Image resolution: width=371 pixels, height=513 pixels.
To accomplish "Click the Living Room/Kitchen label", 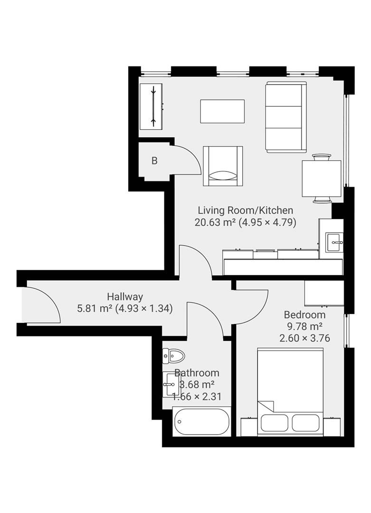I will [245, 210].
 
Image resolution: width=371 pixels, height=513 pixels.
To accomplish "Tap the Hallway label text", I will [124, 297].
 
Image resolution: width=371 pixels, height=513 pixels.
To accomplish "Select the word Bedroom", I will [304, 314].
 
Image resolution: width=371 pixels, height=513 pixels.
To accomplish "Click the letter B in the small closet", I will [154, 161].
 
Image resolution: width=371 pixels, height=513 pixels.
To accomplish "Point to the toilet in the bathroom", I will [173, 355].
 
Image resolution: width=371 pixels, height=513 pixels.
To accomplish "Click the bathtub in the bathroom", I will [201, 421].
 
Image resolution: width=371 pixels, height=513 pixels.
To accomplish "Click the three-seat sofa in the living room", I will [285, 117].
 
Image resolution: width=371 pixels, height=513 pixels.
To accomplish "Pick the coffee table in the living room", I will [222, 111].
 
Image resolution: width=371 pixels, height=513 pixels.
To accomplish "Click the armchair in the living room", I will [223, 166].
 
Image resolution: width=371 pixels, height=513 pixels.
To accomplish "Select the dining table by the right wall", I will [322, 179].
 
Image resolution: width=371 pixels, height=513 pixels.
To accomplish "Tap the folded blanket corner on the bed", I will [266, 407].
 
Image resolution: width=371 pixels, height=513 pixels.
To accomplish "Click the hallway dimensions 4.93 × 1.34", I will [144, 308].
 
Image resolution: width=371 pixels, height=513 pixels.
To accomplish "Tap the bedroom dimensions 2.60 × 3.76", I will [304, 338].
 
